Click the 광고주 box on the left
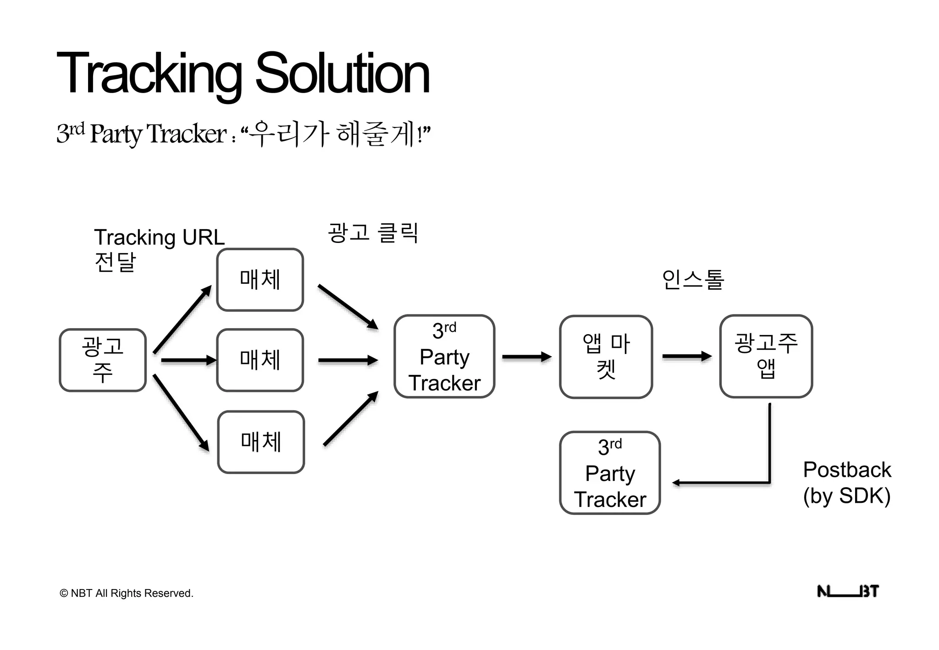(103, 360)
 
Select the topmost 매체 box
(260, 280)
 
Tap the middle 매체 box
(260, 360)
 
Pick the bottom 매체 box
(261, 441)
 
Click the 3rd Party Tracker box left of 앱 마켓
(444, 356)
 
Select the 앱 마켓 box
(606, 356)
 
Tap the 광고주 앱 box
(766, 356)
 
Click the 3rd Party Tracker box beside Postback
(610, 473)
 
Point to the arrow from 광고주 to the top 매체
(182, 319)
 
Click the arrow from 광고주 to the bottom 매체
(181, 413)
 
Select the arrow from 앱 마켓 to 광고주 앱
(686, 356)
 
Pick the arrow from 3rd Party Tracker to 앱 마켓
(526, 357)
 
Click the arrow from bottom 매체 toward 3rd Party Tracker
(350, 419)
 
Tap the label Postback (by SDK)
(847, 483)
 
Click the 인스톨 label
(693, 280)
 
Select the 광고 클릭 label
(373, 232)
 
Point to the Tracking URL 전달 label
(159, 250)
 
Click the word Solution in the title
(342, 73)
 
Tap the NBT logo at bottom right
(848, 591)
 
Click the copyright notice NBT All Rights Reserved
(127, 593)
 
